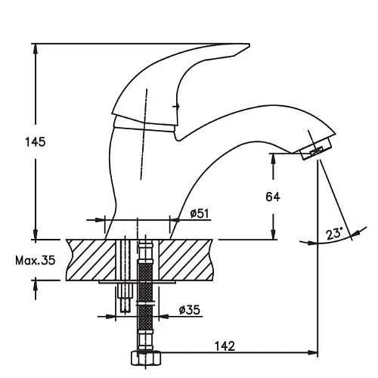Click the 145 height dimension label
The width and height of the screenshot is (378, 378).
(x=36, y=142)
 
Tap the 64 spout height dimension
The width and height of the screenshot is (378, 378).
(x=273, y=197)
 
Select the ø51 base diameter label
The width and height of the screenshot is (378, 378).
(x=200, y=213)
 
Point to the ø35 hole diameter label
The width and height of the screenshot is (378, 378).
(x=190, y=310)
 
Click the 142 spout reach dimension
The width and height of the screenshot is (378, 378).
(x=225, y=346)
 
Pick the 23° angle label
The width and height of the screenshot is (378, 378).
(x=335, y=234)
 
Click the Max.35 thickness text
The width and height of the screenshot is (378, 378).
(x=35, y=260)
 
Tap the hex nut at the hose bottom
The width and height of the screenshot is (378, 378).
(x=146, y=358)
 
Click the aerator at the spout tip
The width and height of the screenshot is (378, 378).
(x=317, y=149)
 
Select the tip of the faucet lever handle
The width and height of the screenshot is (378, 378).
(x=249, y=45)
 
